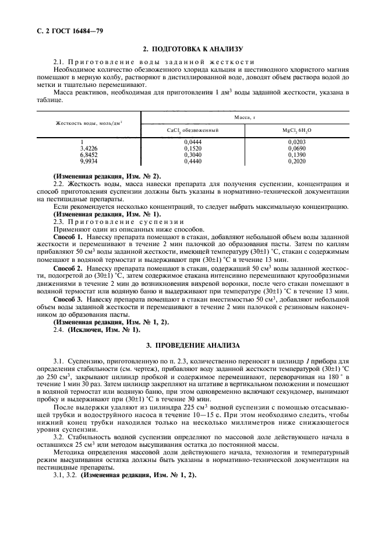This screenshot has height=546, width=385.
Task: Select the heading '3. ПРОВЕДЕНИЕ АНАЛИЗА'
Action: pyautogui.click(x=193, y=346)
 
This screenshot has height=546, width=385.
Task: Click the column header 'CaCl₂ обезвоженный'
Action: pyautogui.click(x=193, y=131)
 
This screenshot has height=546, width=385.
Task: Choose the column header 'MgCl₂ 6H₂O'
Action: pyautogui.click(x=297, y=131)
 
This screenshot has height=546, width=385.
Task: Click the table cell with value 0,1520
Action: pyautogui.click(x=193, y=149)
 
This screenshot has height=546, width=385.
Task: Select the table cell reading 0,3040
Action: pyautogui.click(x=193, y=155)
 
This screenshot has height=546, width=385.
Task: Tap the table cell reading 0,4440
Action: pyautogui.click(x=193, y=162)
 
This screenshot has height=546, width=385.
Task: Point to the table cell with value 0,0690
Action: pyautogui.click(x=297, y=149)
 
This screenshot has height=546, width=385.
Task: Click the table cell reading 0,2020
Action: pyautogui.click(x=297, y=162)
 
